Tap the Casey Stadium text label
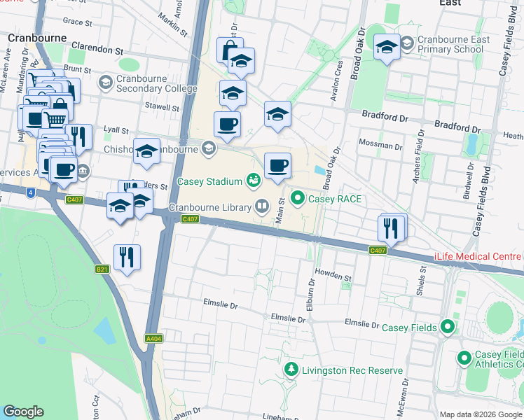click(209, 181)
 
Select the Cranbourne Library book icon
click(261, 206)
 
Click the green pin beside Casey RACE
click(297, 199)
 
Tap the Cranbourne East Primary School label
click(454, 45)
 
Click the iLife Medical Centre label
click(478, 256)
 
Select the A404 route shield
click(153, 338)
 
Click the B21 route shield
click(102, 269)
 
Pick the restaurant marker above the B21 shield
click(127, 256)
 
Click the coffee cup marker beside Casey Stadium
click(277, 166)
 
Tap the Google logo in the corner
click(23, 412)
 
